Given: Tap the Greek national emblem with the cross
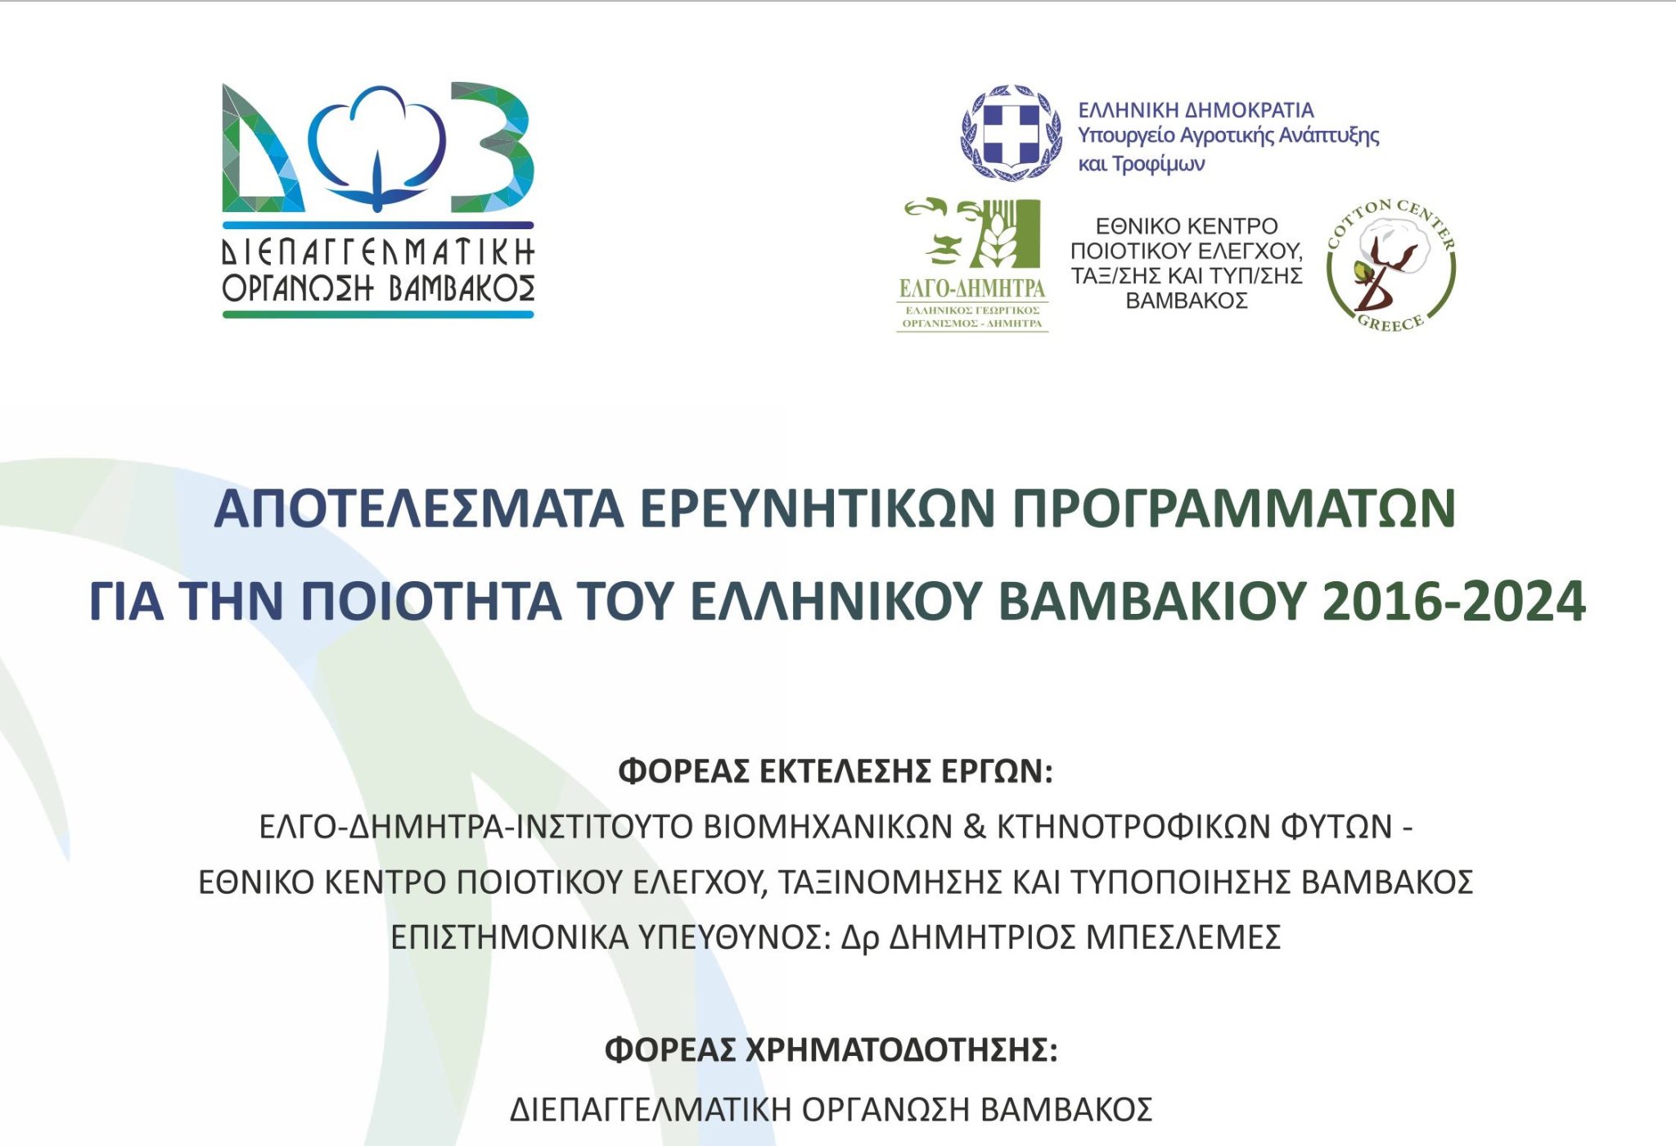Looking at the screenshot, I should (1011, 133).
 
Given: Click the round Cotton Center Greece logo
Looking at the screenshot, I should (1390, 264).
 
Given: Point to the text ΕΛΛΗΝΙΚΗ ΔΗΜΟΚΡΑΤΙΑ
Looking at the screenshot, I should (1196, 110).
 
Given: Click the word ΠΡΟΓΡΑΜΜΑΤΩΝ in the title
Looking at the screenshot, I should (1234, 508).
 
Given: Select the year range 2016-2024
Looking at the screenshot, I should (1453, 602).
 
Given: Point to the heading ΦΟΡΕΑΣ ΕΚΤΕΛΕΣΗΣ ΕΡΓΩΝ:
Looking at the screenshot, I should (835, 771).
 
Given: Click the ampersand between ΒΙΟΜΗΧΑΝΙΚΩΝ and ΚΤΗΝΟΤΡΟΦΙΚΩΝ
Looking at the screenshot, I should (975, 827).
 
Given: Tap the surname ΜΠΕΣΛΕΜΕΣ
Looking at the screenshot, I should (1183, 936).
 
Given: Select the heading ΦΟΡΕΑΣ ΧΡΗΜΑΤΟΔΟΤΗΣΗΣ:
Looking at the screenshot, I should (831, 1049).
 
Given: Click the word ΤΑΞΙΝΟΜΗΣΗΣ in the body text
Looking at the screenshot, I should (890, 882).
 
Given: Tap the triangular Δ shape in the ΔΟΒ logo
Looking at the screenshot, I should (258, 156).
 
